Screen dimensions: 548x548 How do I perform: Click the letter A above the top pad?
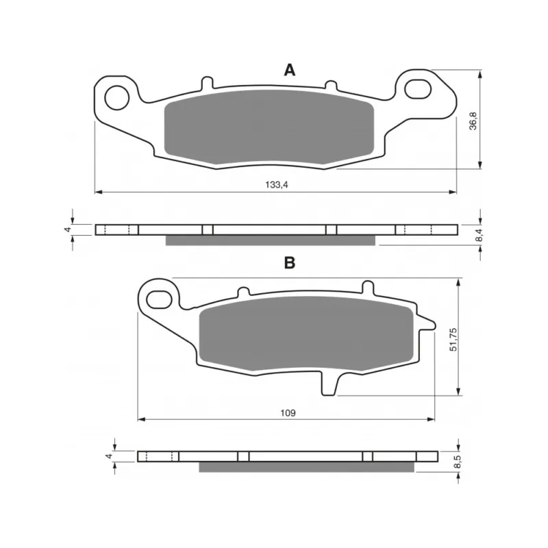pos(289,71)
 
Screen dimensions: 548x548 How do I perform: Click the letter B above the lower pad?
pos(290,262)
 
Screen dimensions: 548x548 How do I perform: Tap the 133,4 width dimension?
pos(277,185)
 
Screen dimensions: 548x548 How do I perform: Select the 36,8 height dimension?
pos(473,121)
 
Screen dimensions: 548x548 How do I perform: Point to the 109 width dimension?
pos(288,413)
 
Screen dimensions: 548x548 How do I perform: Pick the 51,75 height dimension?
pos(453,339)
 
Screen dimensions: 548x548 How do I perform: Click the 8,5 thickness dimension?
pos(458,462)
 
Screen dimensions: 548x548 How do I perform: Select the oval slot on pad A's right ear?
pos(418,89)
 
